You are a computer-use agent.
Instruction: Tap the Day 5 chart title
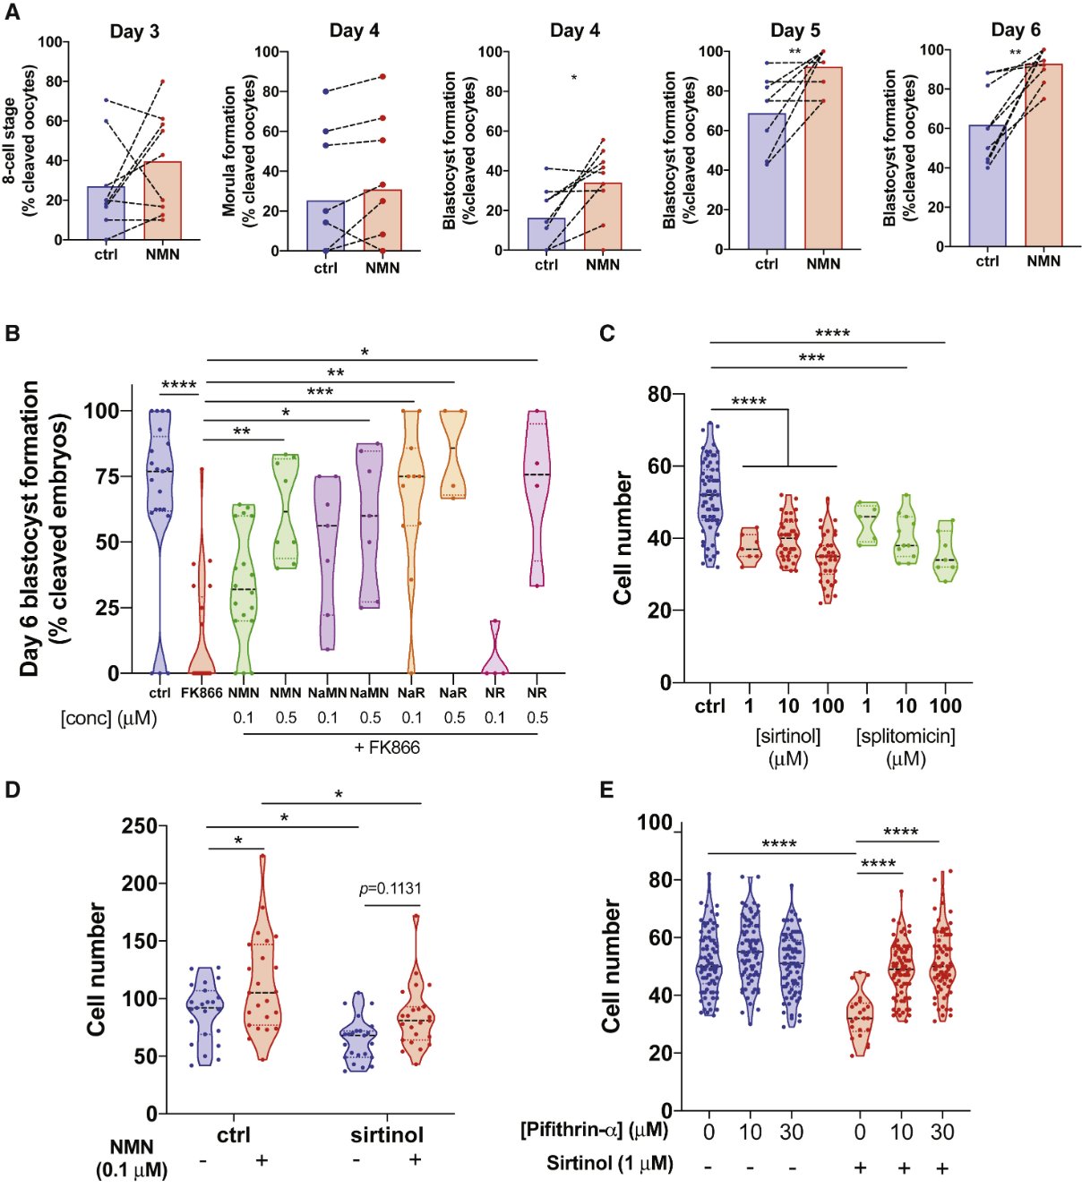[794, 30]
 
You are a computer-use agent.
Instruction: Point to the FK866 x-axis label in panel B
[202, 693]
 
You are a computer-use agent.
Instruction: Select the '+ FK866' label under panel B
[387, 747]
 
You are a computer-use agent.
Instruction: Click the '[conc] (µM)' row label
[108, 718]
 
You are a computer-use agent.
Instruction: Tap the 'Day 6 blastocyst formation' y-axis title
[30, 528]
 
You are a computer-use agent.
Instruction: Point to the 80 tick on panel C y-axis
[660, 395]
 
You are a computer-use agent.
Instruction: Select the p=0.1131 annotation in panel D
[390, 889]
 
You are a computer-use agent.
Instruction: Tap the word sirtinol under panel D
[386, 1135]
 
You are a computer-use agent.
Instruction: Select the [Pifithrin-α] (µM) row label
[594, 1130]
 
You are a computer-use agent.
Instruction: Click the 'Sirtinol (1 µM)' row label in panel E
[610, 1164]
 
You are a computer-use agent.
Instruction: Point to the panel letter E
[606, 790]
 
